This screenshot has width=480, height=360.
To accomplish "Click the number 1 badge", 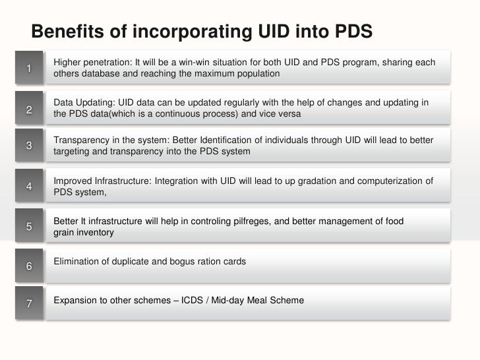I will coord(30,68).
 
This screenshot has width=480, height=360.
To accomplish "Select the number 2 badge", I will coord(30,109).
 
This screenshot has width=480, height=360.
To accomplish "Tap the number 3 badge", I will coord(30,146).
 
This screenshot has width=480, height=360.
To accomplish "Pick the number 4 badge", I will coord(30,186).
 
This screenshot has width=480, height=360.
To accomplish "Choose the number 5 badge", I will coord(30,226).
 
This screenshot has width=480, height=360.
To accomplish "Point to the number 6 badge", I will coord(30,266).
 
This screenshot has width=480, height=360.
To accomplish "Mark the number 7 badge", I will coord(30,303).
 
